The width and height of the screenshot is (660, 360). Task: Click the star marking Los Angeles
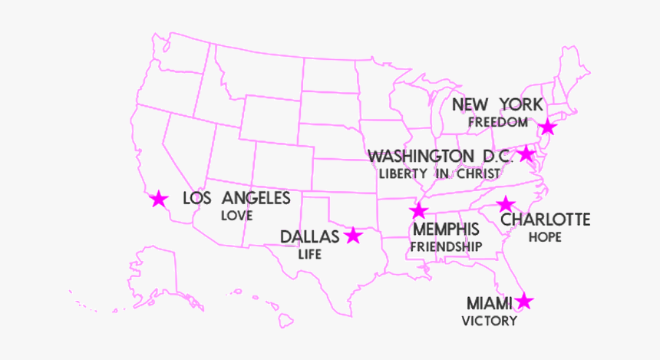[159, 200]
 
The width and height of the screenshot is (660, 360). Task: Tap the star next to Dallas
[353, 236]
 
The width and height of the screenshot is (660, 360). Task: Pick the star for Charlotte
[506, 204]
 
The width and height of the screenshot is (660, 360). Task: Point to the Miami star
[524, 302]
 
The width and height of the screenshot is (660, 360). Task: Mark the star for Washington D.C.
[526, 154]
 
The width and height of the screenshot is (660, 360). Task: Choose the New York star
[547, 127]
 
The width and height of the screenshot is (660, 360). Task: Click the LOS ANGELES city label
[236, 199]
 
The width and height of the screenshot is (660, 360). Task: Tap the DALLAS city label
[309, 236]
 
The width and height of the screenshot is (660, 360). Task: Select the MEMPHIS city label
[446, 230]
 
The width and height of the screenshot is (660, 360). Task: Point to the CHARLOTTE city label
[546, 220]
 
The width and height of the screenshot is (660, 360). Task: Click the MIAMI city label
[489, 304]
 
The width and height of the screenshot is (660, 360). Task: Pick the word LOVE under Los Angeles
[236, 216]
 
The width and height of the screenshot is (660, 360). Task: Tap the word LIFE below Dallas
[309, 254]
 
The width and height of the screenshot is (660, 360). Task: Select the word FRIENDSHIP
[446, 247]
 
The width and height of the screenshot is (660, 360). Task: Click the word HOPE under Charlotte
[544, 238]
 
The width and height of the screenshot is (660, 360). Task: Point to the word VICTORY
[489, 322]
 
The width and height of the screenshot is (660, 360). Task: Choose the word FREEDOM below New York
[498, 122]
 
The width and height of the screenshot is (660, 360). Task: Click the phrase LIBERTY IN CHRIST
[439, 173]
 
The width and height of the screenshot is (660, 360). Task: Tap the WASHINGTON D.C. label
[440, 157]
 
